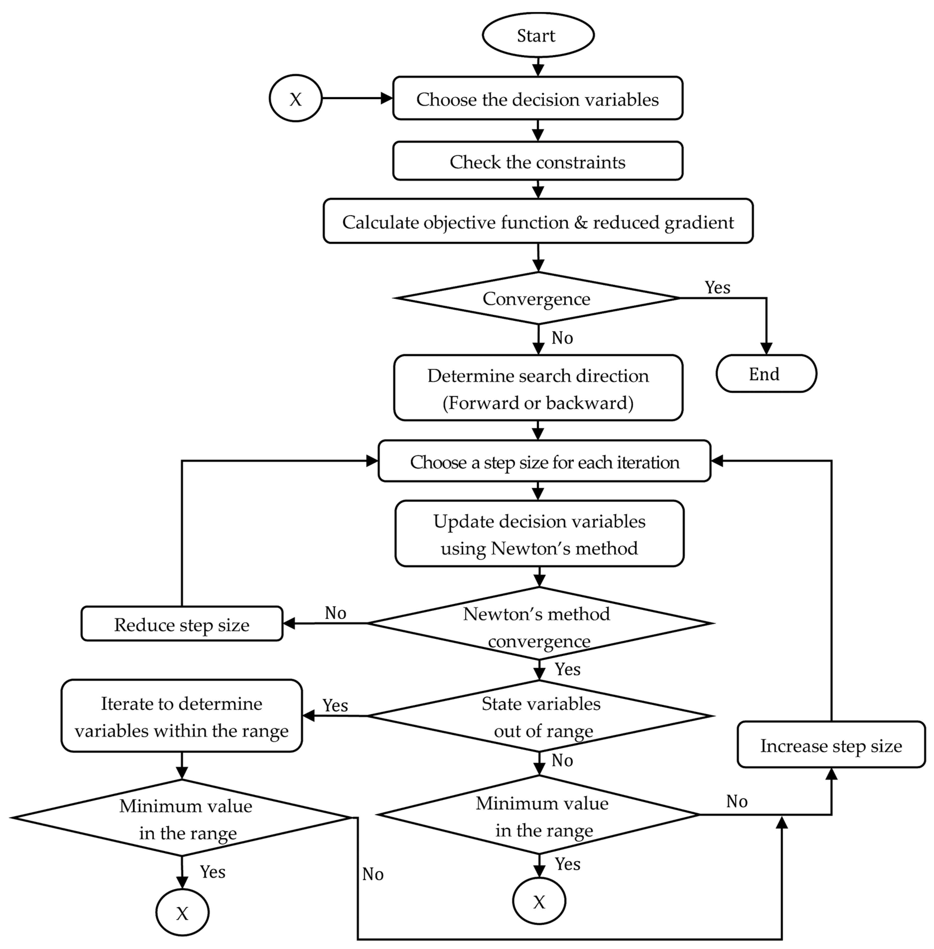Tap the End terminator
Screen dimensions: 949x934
pyautogui.click(x=766, y=374)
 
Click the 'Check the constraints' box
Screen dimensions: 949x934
pyautogui.click(x=538, y=161)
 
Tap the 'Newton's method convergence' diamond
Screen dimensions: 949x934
pyautogui.click(x=539, y=624)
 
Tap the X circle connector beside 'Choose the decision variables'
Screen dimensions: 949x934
pyautogui.click(x=295, y=99)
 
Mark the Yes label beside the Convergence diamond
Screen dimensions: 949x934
pyautogui.click(x=717, y=287)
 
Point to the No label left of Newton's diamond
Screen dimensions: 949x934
pyautogui.click(x=335, y=613)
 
